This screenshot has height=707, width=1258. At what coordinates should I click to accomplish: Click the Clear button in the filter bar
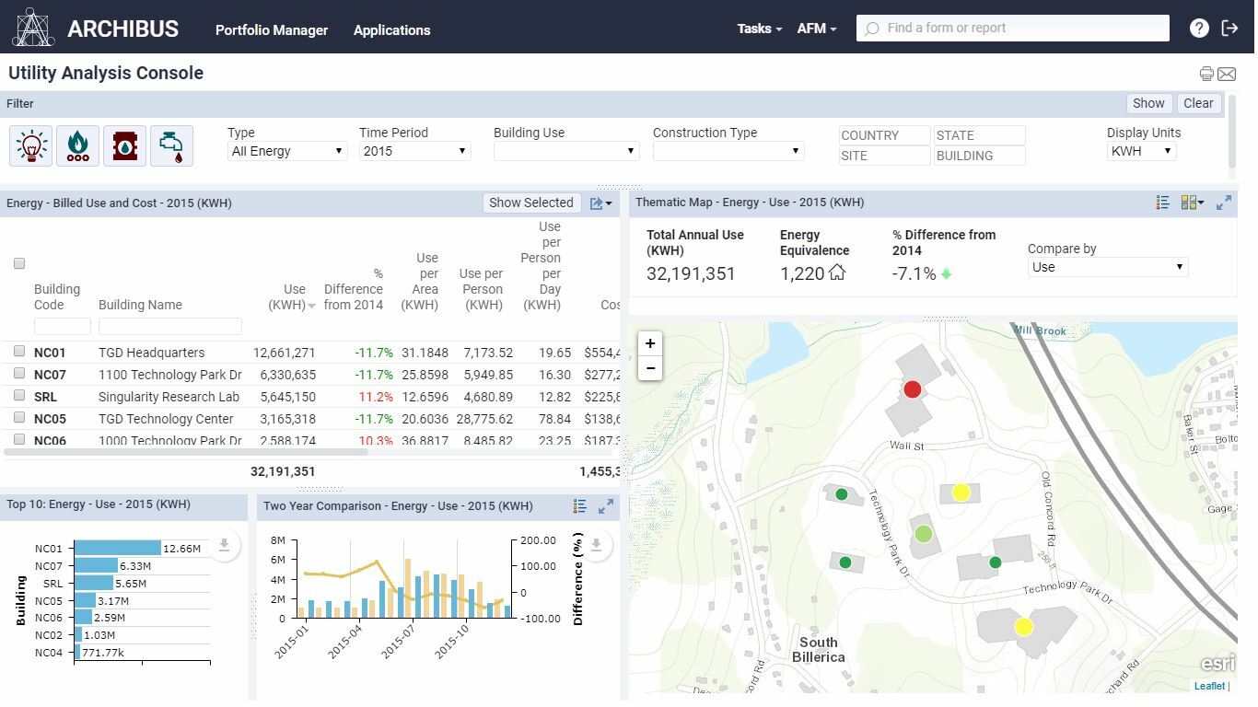click(x=1197, y=103)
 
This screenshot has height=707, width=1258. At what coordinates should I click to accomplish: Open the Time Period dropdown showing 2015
click(x=414, y=151)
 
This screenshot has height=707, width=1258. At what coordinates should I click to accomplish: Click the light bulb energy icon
click(x=31, y=145)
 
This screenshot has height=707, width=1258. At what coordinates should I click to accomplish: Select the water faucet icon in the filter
click(x=171, y=145)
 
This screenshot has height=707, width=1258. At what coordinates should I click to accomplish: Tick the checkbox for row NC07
click(x=19, y=373)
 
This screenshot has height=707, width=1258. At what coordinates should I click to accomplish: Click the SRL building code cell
click(x=45, y=397)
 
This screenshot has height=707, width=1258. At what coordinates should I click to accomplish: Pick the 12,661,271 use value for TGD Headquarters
click(x=284, y=353)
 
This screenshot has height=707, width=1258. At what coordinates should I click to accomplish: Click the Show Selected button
click(x=530, y=203)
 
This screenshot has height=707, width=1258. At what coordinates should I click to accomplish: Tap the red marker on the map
click(x=912, y=389)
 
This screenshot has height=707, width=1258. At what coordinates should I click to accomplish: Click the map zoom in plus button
click(x=650, y=343)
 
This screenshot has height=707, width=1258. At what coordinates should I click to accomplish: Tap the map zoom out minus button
click(x=650, y=368)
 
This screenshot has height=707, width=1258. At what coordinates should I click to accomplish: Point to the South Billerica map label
click(x=818, y=649)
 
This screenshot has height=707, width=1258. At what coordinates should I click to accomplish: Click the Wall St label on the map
click(x=906, y=446)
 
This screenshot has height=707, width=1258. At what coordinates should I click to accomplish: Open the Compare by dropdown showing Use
click(x=1107, y=267)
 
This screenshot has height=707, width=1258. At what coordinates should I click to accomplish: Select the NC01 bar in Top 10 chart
click(x=117, y=548)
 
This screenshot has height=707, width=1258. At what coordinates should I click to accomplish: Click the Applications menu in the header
click(x=391, y=29)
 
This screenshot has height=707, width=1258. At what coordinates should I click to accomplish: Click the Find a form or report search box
click(x=1013, y=28)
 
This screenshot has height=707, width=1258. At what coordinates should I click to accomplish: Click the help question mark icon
click(x=1198, y=28)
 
